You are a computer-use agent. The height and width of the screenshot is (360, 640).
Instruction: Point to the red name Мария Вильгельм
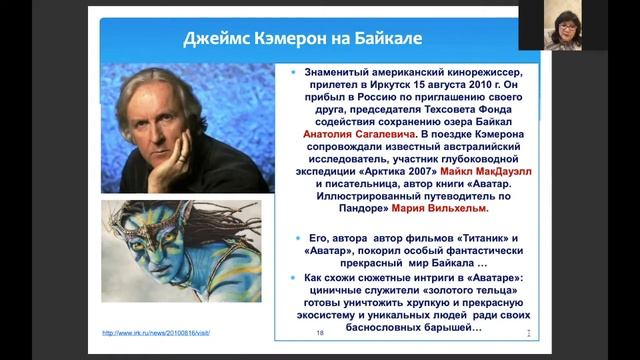click(x=441, y=210)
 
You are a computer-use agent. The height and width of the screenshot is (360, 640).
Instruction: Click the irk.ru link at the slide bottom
click(x=157, y=332)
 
